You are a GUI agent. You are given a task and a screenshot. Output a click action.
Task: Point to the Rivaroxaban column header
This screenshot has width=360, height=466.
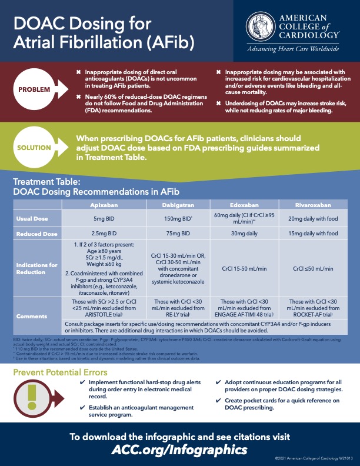point(312,205)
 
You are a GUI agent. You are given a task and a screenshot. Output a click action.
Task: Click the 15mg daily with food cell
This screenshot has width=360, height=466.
point(312,234)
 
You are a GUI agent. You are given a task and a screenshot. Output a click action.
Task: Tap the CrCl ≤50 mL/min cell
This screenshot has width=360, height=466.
point(312,268)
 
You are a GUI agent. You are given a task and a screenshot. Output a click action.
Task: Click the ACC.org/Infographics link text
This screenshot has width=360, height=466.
point(179,450)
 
